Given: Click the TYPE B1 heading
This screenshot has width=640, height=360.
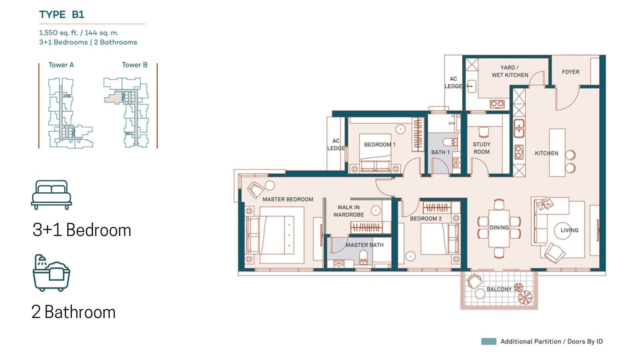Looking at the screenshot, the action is [62, 14].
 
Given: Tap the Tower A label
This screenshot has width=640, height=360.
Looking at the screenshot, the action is [61, 65].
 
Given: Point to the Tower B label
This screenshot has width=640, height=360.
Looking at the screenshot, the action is [134, 65].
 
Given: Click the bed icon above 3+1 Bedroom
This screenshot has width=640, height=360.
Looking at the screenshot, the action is [52, 194].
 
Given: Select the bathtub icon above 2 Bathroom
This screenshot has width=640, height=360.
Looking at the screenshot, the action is [52, 273].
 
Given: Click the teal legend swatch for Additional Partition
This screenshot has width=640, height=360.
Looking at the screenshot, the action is [488, 342].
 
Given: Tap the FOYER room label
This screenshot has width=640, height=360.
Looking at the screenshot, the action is [570, 72].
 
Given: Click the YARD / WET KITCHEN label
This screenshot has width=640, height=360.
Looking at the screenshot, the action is [510, 72].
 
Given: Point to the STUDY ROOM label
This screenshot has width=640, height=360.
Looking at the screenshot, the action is [482, 148].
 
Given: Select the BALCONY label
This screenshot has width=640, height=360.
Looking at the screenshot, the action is [499, 289].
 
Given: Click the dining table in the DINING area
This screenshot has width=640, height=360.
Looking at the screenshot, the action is [499, 228].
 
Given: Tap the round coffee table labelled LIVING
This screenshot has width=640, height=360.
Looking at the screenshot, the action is [562, 230].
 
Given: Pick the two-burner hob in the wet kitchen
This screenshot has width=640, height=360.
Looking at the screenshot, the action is [497, 104].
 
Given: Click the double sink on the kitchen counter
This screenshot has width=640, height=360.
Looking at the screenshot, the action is [519, 128].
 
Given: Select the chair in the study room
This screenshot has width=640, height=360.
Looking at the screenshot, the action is [484, 132].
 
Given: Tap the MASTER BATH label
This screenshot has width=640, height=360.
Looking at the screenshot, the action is [364, 245].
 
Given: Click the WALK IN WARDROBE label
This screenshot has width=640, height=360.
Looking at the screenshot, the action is [348, 211].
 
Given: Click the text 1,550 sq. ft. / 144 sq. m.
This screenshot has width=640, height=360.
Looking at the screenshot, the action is [78, 32].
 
